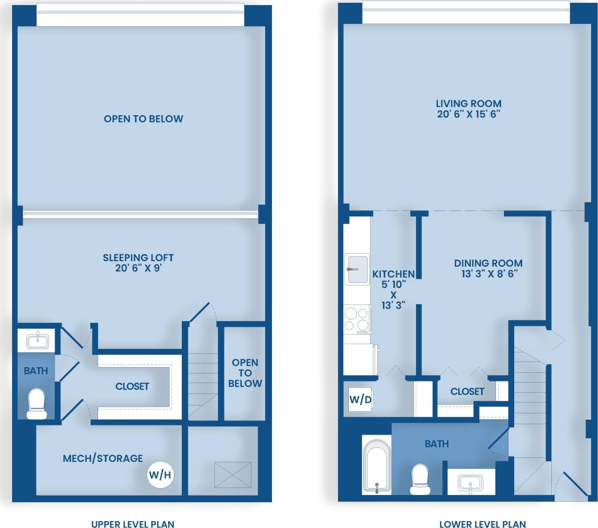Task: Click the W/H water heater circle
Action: [x=160, y=474]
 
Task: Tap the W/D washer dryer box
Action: [x=360, y=400]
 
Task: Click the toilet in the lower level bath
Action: [x=420, y=479]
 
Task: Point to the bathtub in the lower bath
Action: [x=377, y=465]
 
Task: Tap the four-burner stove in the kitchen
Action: [x=357, y=320]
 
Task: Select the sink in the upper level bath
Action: [x=36, y=342]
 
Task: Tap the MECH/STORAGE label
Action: [x=103, y=458]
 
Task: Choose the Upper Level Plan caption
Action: [x=133, y=524]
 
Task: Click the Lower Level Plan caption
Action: [x=482, y=524]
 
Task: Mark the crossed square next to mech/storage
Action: [x=233, y=474]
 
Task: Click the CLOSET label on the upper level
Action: [x=132, y=386]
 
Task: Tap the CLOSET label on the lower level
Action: [x=467, y=391]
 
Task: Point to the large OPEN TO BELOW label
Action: [x=144, y=119]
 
